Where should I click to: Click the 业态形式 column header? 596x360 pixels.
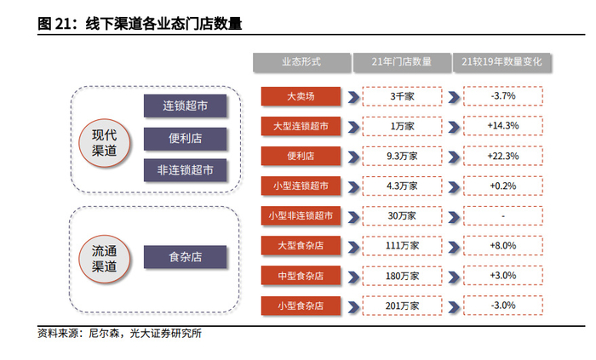tap(301, 61)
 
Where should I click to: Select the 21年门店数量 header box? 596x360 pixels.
tap(402, 61)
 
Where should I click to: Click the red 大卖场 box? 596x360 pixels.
tap(301, 96)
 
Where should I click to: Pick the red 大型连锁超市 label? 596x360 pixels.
tap(301, 126)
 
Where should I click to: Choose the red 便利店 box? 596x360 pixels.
tap(301, 156)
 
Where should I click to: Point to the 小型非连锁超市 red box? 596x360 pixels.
tap(301, 215)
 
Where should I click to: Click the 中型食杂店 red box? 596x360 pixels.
tap(301, 275)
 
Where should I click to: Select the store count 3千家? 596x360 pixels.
tap(402, 96)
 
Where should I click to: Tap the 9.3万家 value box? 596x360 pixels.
tap(402, 156)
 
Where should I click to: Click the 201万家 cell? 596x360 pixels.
tap(402, 305)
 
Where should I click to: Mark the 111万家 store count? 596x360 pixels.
tap(402, 245)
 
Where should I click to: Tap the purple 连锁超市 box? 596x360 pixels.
tap(186, 106)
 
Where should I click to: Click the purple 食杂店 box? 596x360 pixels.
tap(186, 257)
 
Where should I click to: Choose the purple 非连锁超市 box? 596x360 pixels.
tap(186, 169)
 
